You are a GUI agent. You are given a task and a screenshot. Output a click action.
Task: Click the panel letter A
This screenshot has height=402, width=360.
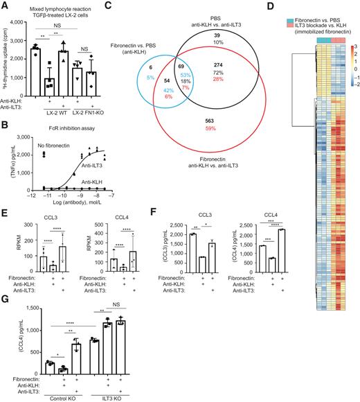click(6, 5)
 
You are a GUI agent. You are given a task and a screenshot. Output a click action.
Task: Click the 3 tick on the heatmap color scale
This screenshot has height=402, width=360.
click(354, 44)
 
